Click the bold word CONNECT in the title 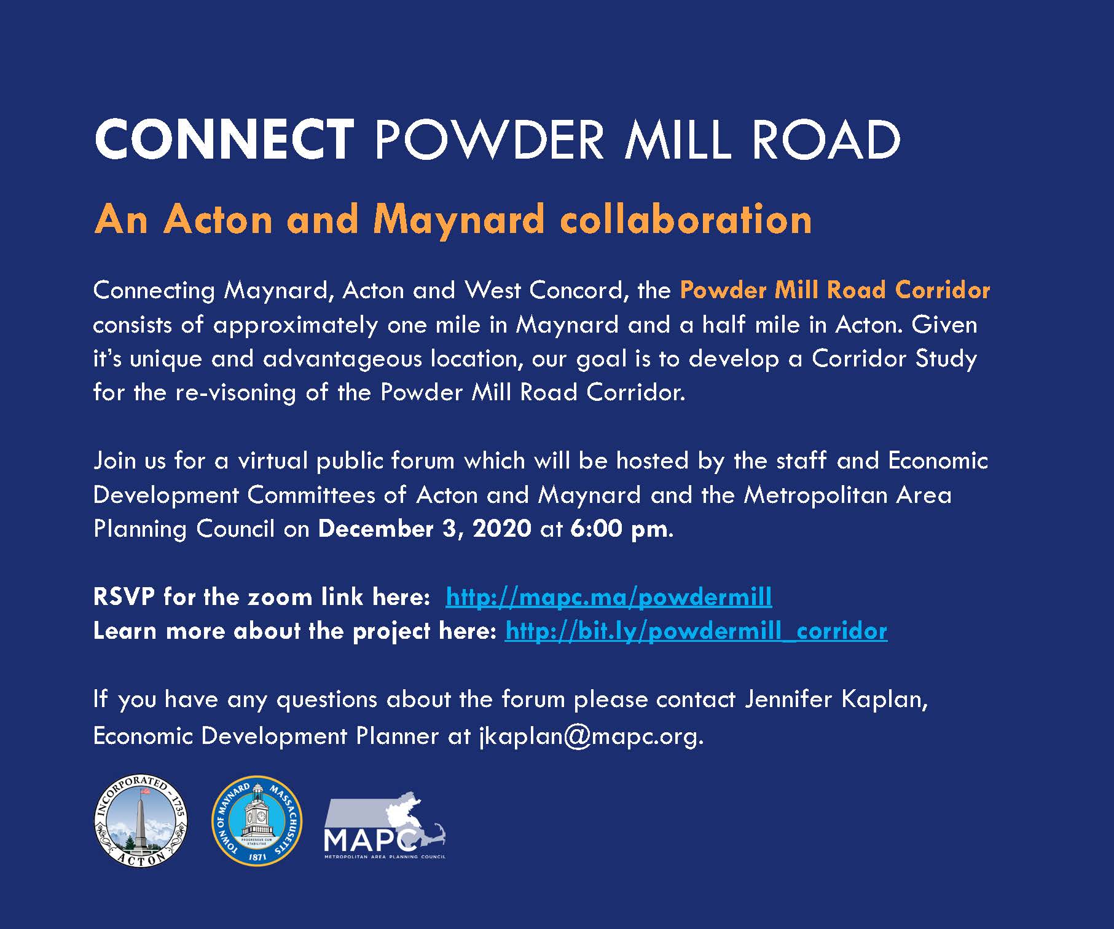(x=224, y=140)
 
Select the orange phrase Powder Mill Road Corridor (x=834, y=290)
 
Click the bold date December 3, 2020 (x=425, y=529)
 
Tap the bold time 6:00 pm (x=618, y=529)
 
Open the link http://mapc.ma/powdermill (x=608, y=596)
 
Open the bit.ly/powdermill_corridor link (x=696, y=631)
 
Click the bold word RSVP (x=124, y=596)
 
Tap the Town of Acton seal (x=140, y=821)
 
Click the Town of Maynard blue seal (x=257, y=821)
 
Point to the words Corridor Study (x=894, y=358)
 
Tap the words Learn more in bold (x=159, y=631)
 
